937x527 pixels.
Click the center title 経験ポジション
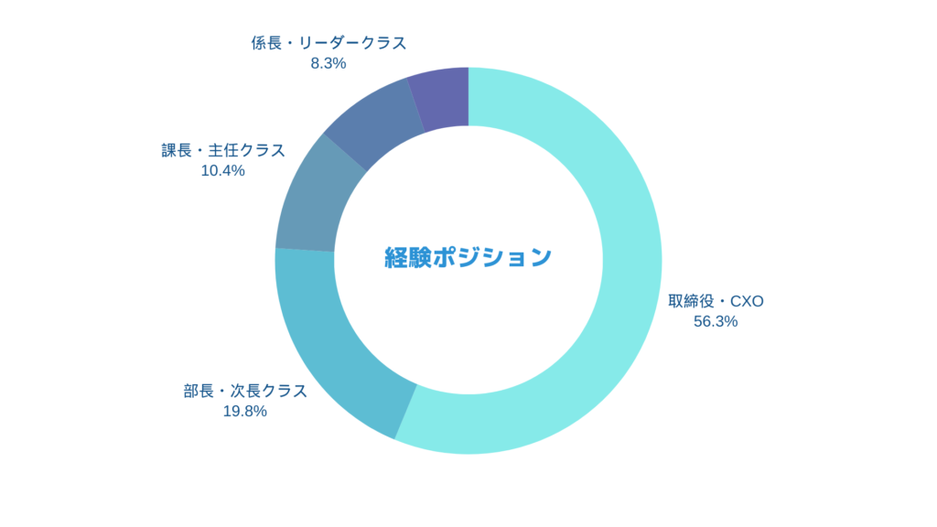[x=468, y=258]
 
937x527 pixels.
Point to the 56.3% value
[x=716, y=321]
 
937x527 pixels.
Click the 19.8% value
[x=245, y=411]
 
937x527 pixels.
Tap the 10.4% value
[x=222, y=170]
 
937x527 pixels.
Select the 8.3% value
[x=328, y=63]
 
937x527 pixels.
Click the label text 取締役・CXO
[x=715, y=301]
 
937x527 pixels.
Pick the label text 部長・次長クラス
[x=245, y=391]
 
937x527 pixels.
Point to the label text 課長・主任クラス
[x=223, y=150]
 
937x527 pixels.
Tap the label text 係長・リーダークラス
[x=328, y=43]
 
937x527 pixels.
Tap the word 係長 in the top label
[x=265, y=43]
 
